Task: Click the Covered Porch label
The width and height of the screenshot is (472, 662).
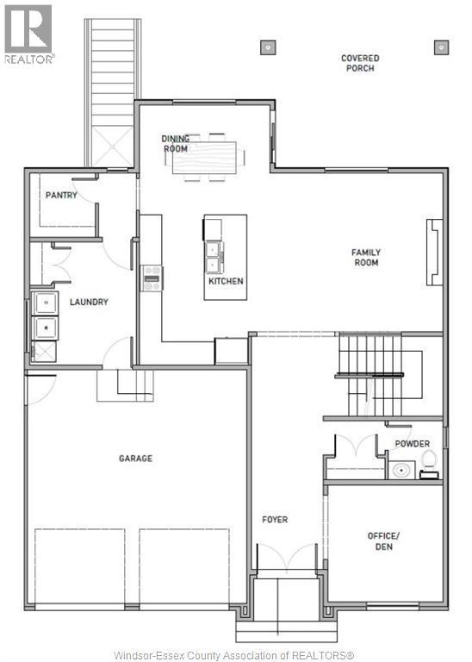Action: [x=359, y=63]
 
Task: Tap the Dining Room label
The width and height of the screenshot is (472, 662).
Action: [x=176, y=143]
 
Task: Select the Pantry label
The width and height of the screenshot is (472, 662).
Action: [x=61, y=196]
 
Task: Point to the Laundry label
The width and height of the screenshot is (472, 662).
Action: [x=89, y=302]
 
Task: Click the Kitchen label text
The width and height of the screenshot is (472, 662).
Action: [x=226, y=281]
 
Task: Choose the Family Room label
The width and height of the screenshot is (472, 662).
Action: [x=366, y=258]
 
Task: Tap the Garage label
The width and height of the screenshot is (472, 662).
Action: [x=135, y=459]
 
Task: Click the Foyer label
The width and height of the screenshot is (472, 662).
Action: [x=275, y=520]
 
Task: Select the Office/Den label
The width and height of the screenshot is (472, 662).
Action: [x=384, y=541]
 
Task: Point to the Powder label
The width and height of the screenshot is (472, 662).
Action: [x=412, y=444]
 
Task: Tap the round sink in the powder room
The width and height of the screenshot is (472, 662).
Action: [x=400, y=471]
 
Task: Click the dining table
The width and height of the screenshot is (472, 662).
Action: [x=208, y=157]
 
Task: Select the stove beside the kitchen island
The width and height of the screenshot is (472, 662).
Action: [x=152, y=278]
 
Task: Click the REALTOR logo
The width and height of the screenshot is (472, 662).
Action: [x=28, y=34]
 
